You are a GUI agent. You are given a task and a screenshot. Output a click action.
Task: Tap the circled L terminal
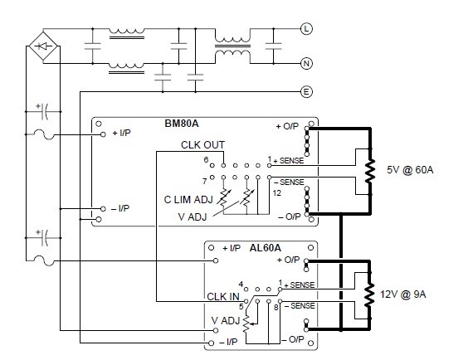[x=305, y=30]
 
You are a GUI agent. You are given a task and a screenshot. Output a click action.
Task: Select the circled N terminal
[x=305, y=63]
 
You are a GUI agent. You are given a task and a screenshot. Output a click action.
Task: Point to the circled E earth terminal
[x=305, y=92]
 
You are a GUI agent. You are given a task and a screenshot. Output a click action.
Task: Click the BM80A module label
[x=183, y=128]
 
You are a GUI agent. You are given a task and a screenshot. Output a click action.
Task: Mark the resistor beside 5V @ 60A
[x=368, y=171]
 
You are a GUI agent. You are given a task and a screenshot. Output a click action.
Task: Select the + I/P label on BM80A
[x=121, y=133]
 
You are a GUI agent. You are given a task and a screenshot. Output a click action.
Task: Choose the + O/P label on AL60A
[x=287, y=260]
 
